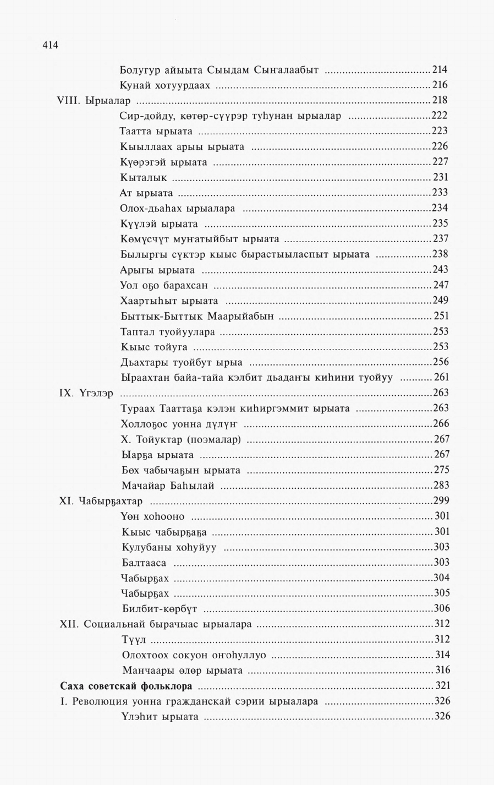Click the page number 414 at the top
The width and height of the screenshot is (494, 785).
coord(50,45)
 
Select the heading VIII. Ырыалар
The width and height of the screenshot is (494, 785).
coord(94,101)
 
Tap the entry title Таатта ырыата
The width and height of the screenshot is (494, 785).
coord(156,132)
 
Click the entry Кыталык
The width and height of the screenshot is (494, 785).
coord(144,178)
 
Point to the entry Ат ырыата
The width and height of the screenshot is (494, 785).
coord(146,193)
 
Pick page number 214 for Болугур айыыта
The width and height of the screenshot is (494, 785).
coord(440,70)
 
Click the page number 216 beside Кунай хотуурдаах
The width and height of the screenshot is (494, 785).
coord(440,85)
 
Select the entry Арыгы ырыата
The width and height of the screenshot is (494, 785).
coord(157,270)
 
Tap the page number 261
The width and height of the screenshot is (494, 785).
coord(441,378)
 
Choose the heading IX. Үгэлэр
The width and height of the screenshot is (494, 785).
coord(86,394)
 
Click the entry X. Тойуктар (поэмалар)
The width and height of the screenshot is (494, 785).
coord(181,439)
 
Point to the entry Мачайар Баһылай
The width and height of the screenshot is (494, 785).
coord(168,486)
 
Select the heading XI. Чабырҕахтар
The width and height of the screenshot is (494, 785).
coord(101,501)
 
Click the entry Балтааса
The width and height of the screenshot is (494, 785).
coord(144,563)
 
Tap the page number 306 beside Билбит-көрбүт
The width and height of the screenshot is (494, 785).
coord(442,608)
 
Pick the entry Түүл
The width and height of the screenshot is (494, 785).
coord(134,640)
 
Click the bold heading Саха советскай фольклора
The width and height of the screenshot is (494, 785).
coord(126,686)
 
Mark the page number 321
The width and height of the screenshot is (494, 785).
coord(442,686)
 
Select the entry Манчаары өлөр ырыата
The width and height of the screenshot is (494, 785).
coord(182,670)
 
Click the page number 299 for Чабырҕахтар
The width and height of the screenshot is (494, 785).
coord(441,501)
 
